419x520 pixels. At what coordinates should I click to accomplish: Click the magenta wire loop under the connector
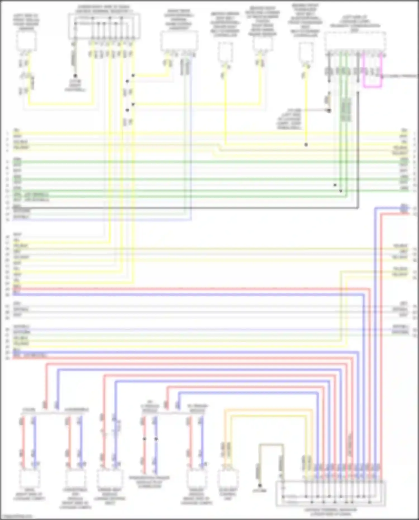point(372,87)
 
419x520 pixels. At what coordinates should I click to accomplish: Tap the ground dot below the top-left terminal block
point(75,76)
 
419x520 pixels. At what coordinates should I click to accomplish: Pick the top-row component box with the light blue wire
point(179,41)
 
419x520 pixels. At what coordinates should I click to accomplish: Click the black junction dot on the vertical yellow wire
point(306,145)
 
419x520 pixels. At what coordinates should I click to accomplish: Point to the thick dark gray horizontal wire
point(196,208)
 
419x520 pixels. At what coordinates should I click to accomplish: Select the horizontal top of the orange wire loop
point(268,410)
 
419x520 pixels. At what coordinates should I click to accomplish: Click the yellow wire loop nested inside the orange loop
point(268,416)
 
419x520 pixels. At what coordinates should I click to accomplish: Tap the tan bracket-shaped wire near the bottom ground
point(271,444)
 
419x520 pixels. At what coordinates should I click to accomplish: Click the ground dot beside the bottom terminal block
point(260,486)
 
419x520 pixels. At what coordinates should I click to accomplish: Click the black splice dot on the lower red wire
point(144,439)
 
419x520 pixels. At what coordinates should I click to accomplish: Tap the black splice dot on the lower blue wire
point(156,439)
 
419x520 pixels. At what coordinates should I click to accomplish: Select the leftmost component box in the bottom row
point(29,478)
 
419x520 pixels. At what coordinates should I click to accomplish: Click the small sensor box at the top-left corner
point(26,41)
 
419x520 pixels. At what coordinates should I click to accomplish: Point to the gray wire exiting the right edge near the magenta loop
point(402,76)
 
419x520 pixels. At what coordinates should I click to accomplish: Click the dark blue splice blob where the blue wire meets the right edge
point(404,208)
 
